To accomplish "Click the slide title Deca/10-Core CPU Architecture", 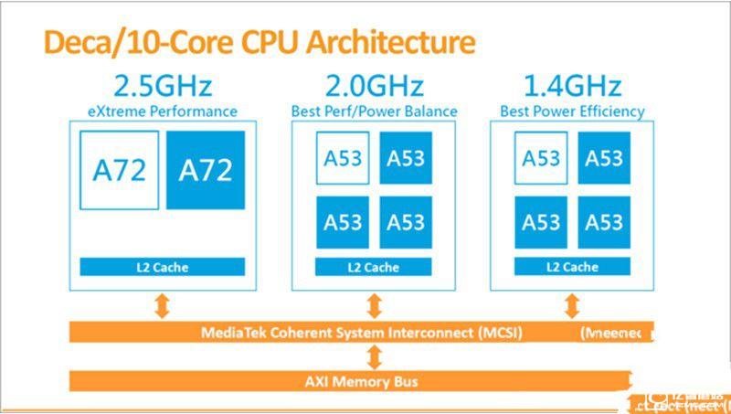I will (255, 43).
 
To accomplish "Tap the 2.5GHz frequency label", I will (163, 87).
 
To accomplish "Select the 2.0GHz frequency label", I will (374, 87).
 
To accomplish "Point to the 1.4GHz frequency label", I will (572, 87).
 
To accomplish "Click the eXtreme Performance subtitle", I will (163, 111).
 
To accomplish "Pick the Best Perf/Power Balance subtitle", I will (374, 111).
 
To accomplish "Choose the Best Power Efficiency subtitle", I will (572, 111).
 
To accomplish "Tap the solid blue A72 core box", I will (206, 170).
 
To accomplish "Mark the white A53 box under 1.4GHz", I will (541, 159).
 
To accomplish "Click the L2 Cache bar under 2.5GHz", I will (163, 267).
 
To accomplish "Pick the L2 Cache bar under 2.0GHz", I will (374, 267).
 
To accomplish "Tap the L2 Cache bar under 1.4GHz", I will (572, 267).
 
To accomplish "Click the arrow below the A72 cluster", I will (163, 305).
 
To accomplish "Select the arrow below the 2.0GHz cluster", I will (374, 305).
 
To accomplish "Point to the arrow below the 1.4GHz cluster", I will (572, 305).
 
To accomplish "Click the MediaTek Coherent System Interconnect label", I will (361, 333).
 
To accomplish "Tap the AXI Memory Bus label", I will (361, 380).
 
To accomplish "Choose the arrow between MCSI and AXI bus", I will (374, 356).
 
